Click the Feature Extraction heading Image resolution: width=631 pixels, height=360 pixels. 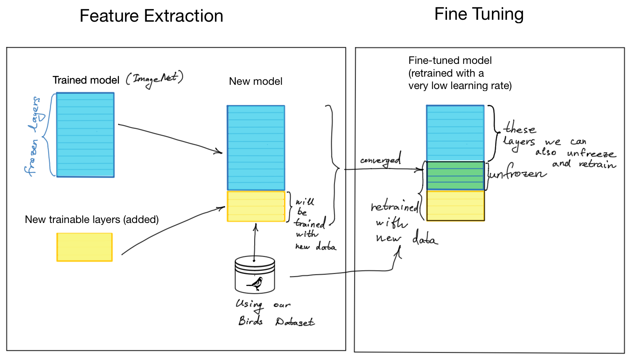pos(151,16)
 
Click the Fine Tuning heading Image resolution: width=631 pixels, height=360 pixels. pos(479,14)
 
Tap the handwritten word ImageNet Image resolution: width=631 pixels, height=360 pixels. pos(154,79)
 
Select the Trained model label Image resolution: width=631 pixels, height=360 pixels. pos(86,80)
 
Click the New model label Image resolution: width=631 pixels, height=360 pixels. pos(256,81)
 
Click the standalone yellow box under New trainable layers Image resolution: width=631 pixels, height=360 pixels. pos(84,247)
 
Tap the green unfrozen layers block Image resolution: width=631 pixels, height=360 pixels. pos(456,176)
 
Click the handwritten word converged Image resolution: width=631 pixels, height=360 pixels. pos(380,160)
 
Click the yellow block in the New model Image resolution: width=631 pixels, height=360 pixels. pos(256,206)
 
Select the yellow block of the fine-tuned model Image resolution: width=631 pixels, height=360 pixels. pos(456,206)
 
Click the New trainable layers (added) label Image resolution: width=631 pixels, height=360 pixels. pos(92,219)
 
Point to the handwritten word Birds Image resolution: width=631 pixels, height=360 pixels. pos(251,321)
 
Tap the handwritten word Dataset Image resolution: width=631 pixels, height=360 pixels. pos(295,322)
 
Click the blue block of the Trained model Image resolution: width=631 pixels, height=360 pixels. pos(85,135)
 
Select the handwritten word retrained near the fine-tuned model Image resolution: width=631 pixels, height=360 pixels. pos(394,207)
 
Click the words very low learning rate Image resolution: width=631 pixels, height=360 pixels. pos(460,86)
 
